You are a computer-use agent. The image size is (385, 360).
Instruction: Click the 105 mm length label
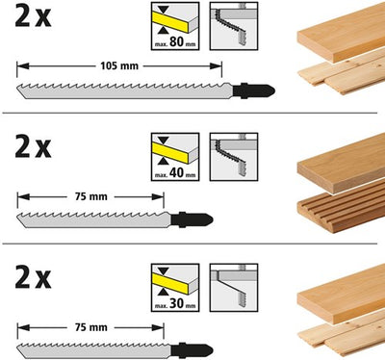(x=119, y=66)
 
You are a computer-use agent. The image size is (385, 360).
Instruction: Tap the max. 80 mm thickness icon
(x=175, y=26)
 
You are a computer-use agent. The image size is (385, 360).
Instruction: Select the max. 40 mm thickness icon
(x=175, y=157)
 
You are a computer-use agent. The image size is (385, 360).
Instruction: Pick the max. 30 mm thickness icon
(x=175, y=288)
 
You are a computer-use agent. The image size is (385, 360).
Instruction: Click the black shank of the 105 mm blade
(x=253, y=90)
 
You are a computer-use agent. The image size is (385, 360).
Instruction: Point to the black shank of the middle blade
(x=192, y=220)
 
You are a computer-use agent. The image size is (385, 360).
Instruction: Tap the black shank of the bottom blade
(x=192, y=350)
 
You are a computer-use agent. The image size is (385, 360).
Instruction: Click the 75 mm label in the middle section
(x=91, y=196)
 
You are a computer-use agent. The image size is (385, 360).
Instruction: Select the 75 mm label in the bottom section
(x=91, y=327)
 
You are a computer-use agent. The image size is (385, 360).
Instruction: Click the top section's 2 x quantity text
(x=33, y=15)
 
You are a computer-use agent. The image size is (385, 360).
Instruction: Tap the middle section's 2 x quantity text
(x=33, y=146)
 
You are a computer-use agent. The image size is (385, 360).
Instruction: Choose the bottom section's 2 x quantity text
(x=33, y=277)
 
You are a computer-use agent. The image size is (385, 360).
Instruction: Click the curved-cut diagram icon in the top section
(x=234, y=26)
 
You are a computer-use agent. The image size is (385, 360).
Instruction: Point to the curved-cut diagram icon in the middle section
(x=234, y=157)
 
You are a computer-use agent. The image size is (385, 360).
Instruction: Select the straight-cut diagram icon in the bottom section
(x=234, y=288)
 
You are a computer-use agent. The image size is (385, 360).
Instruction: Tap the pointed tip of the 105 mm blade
(x=25, y=98)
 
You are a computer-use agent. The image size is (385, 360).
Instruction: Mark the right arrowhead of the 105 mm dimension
(x=216, y=66)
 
